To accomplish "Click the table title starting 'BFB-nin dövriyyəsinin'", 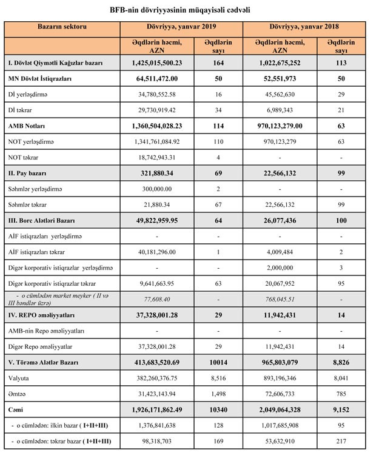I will pyautogui.click(x=187, y=10).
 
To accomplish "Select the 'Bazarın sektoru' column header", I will pyautogui.click(x=62, y=28).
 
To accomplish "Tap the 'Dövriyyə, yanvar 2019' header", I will pyautogui.click(x=181, y=28).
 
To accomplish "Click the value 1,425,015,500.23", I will pyautogui.click(x=157, y=62).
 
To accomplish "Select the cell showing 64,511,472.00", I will pyautogui.click(x=157, y=78).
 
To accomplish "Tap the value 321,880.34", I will pyautogui.click(x=157, y=173).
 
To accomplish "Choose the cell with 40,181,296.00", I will pyautogui.click(x=157, y=251).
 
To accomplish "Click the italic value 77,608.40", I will pyautogui.click(x=157, y=299).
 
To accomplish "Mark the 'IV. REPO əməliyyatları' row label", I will pyautogui.click(x=42, y=315).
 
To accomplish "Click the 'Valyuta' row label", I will pyautogui.click(x=20, y=377).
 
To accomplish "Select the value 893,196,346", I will pyautogui.click(x=280, y=377).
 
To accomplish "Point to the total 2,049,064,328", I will pyautogui.click(x=280, y=409).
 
